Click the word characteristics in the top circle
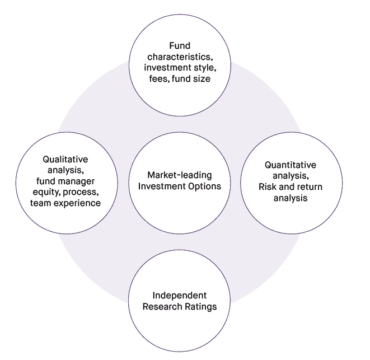[x=180, y=57]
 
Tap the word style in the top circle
[x=203, y=68]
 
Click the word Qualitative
[x=65, y=160]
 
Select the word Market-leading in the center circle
[x=180, y=175]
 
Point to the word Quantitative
[x=291, y=165]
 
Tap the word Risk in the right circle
[x=268, y=186]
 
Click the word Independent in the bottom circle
[x=180, y=295]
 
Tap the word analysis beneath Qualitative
[x=65, y=170]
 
